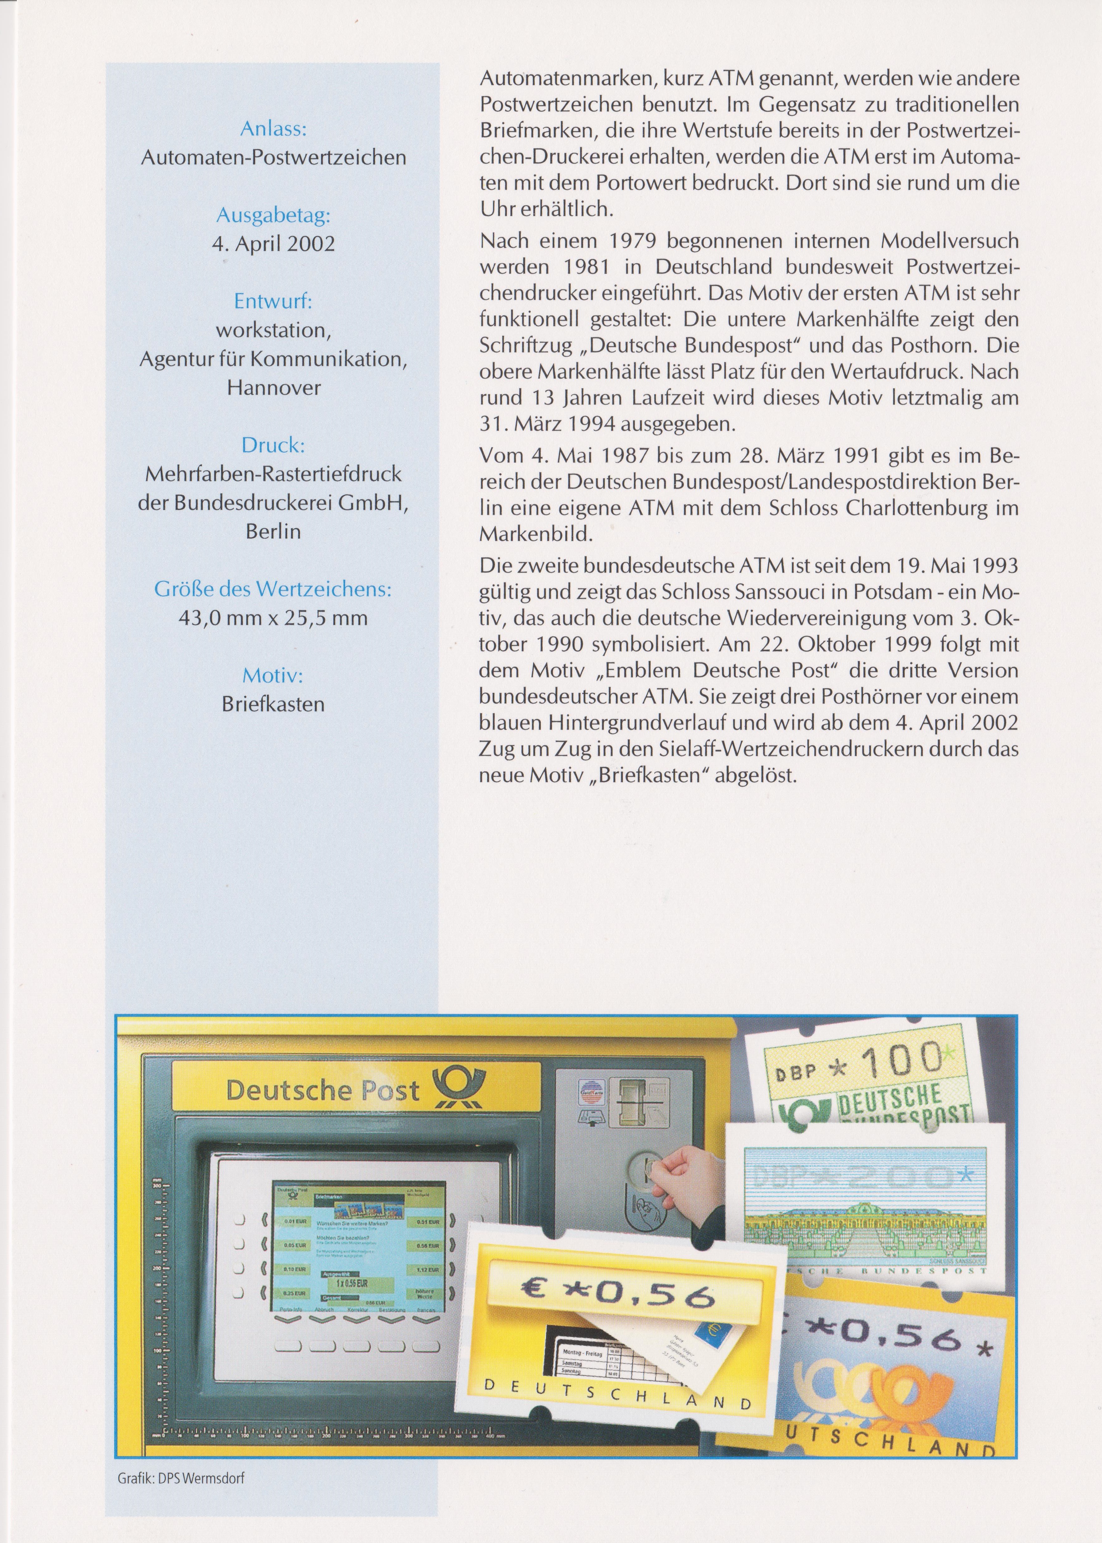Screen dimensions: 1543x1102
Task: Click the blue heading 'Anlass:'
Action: (273, 129)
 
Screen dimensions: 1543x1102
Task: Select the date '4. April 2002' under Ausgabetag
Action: (273, 244)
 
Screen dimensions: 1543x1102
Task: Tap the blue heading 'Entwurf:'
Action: (273, 301)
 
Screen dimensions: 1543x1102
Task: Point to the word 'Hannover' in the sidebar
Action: (273, 388)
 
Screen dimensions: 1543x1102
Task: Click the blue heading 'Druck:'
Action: (273, 445)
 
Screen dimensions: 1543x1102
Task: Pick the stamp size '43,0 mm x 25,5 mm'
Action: (273, 618)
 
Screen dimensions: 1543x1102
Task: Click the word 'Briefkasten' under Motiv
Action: (273, 704)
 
